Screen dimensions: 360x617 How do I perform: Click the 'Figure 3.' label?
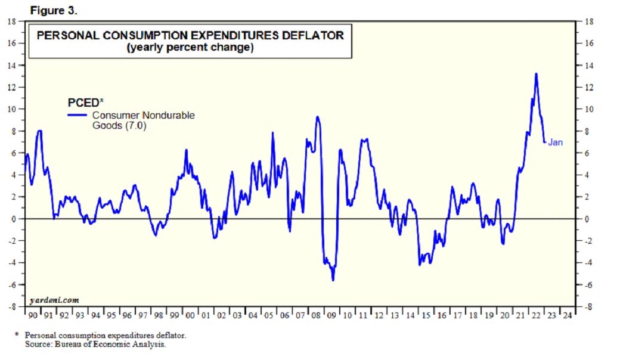point(53,10)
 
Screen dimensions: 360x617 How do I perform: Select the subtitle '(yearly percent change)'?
point(190,48)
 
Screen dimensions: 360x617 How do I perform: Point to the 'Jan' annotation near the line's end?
point(555,142)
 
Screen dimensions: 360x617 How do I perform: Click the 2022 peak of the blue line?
point(536,74)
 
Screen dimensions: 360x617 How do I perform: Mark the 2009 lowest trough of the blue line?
point(333,280)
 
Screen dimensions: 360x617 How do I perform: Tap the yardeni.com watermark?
point(54,300)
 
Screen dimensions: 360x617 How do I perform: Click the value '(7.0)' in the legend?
point(135,126)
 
